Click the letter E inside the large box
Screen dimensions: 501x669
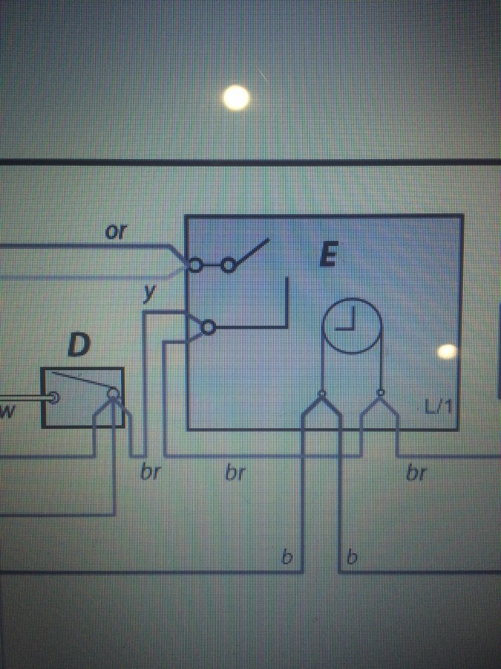click(329, 255)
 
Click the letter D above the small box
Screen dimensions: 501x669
click(79, 345)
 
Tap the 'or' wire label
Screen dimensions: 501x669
click(116, 232)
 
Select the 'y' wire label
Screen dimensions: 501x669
click(149, 294)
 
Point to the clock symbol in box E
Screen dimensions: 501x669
click(352, 326)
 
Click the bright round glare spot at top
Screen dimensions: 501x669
click(236, 97)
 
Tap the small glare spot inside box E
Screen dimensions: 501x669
click(447, 351)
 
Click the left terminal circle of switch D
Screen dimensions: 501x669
click(53, 398)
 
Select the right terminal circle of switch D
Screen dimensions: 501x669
click(114, 393)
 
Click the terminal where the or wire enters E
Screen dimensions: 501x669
click(195, 265)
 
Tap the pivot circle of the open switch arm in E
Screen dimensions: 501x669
click(229, 265)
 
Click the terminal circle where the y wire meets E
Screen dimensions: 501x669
click(209, 328)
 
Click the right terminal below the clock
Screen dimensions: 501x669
click(381, 392)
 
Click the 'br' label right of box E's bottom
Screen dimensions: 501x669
click(416, 474)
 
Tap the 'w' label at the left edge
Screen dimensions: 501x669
click(7, 412)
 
